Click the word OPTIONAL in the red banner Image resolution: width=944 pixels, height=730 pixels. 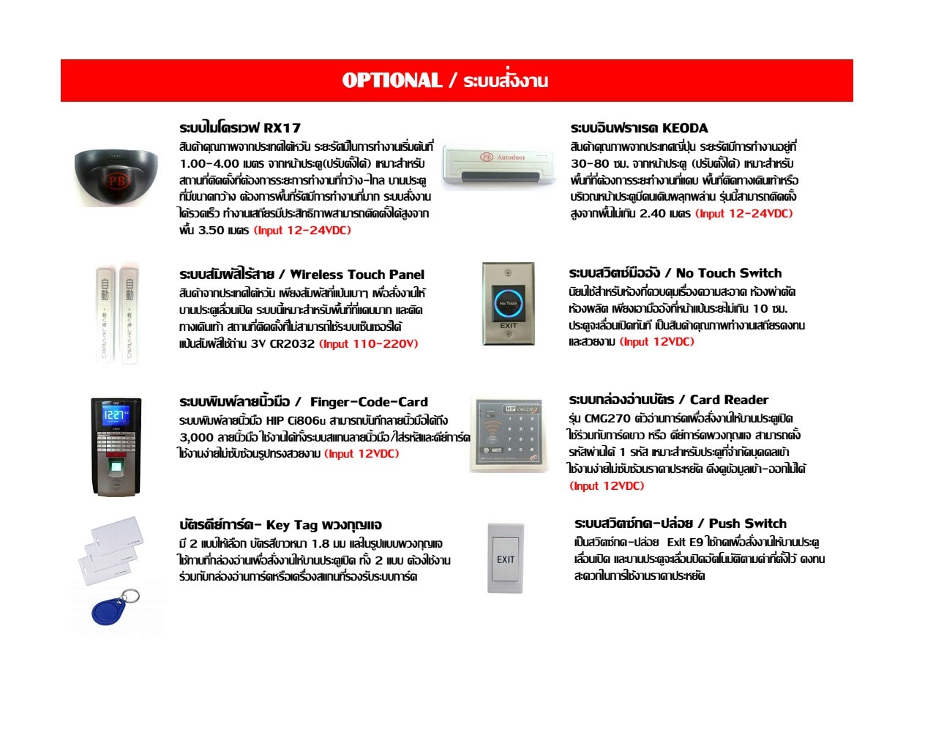pyautogui.click(x=392, y=81)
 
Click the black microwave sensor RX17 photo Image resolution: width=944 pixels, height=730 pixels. pyautogui.click(x=116, y=176)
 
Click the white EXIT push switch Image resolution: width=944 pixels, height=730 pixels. pyautogui.click(x=506, y=558)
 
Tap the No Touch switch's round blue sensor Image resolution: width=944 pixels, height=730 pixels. pyautogui.click(x=508, y=302)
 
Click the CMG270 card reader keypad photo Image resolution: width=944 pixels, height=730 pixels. pyautogui.click(x=509, y=434)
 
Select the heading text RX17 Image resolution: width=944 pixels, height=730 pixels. pyautogui.click(x=282, y=127)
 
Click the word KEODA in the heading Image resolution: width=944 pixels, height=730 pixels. pyautogui.click(x=685, y=127)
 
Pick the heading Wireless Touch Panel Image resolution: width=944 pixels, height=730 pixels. pyautogui.click(x=357, y=275)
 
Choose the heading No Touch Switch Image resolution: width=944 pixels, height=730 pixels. pyautogui.click(x=729, y=273)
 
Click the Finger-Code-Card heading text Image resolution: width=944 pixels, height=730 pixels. pyautogui.click(x=369, y=402)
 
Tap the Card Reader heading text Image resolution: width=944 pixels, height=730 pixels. pyautogui.click(x=729, y=400)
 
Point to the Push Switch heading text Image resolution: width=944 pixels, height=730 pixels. pyautogui.click(x=747, y=524)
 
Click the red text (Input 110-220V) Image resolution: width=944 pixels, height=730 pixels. pyautogui.click(x=368, y=343)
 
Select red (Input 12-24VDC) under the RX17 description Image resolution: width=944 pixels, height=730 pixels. pyautogui.click(x=302, y=230)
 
